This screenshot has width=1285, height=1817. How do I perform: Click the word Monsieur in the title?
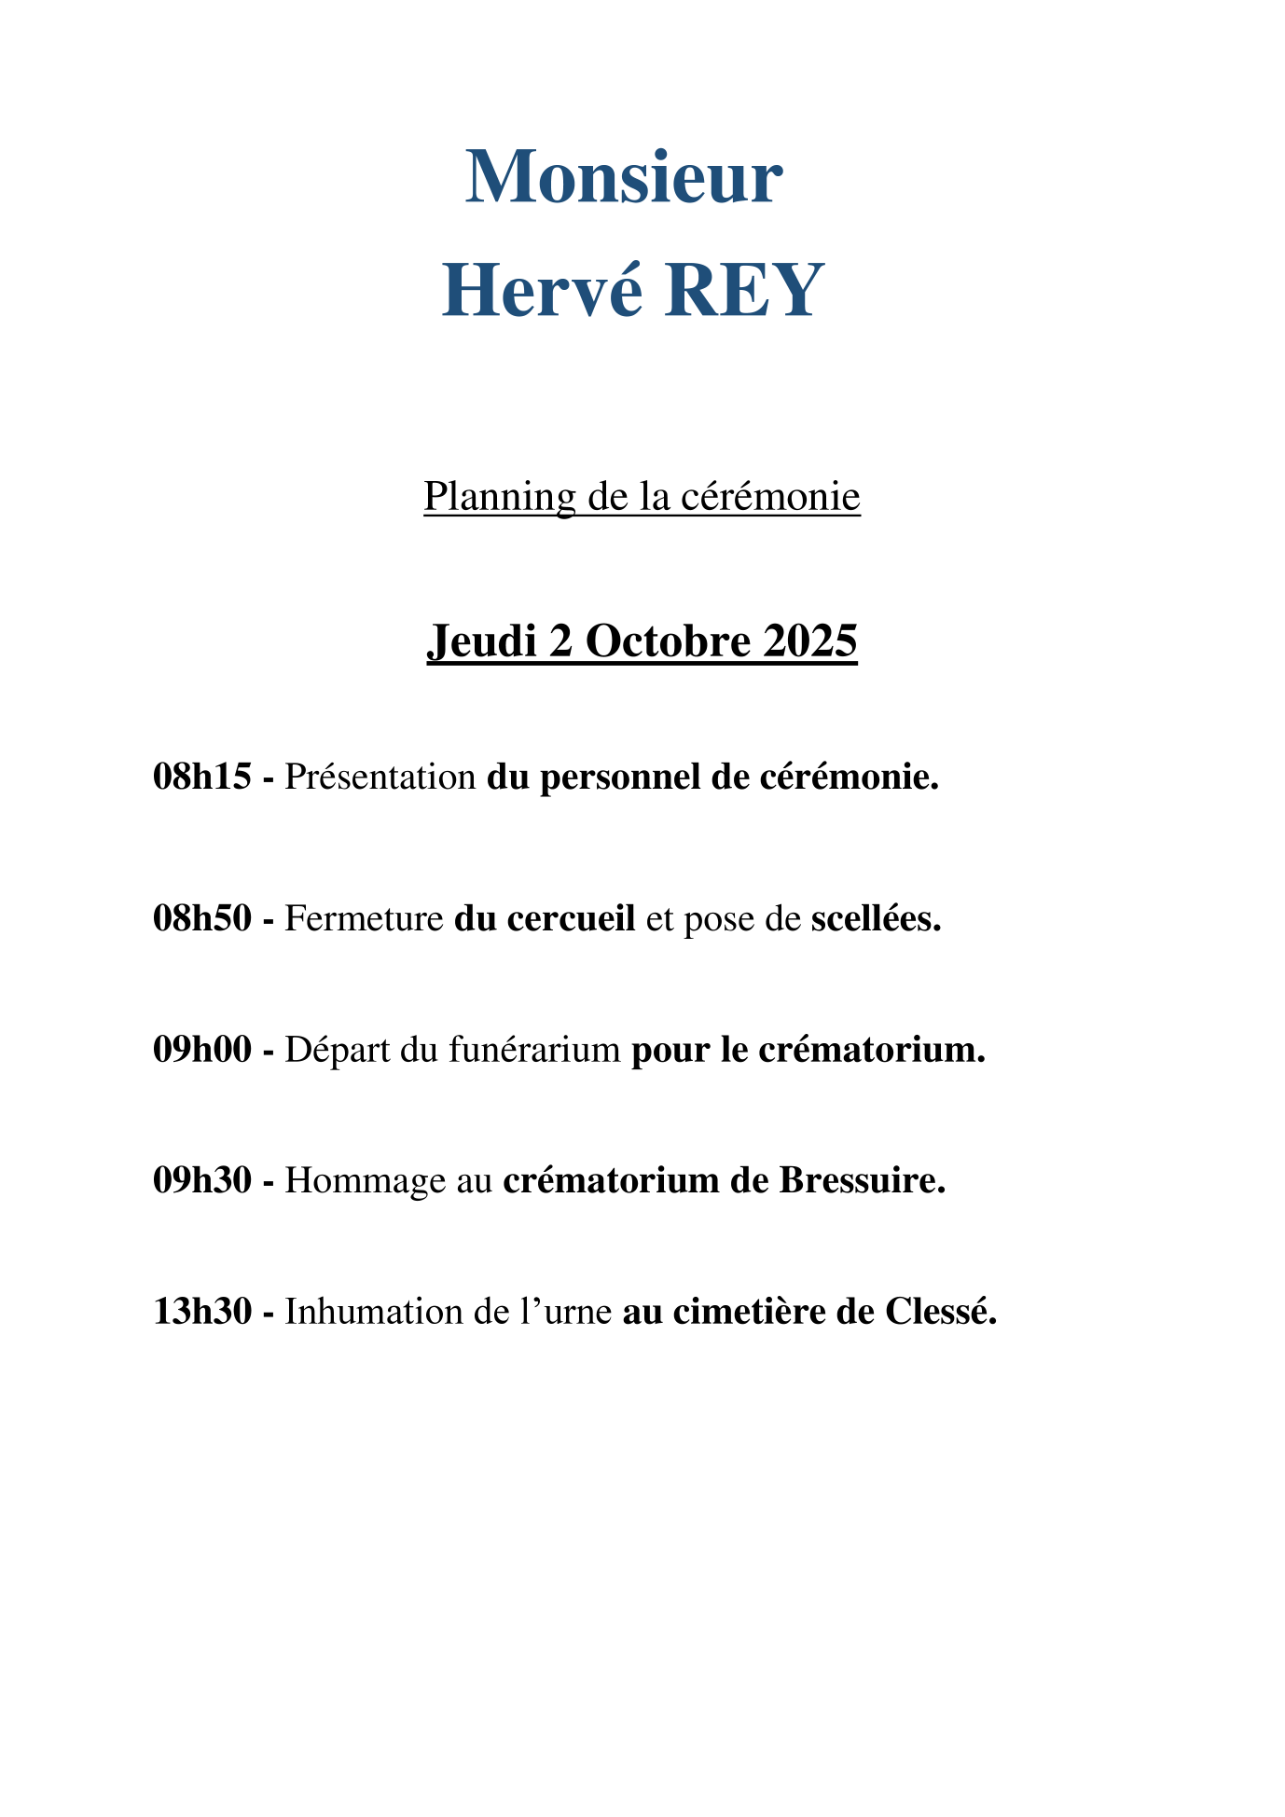click(624, 177)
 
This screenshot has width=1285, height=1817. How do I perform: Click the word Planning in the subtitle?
click(500, 496)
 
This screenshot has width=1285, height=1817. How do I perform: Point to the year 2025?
click(809, 641)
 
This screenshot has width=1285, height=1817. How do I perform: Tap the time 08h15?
click(202, 777)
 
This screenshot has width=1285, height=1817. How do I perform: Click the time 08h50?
click(202, 919)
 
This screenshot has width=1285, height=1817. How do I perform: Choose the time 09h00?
click(202, 1050)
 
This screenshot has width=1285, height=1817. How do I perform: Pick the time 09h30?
click(202, 1180)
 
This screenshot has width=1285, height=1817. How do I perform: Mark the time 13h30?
click(202, 1312)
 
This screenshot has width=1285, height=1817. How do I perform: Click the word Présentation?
click(380, 777)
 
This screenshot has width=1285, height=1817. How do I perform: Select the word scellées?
click(876, 919)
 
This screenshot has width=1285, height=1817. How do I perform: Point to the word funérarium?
click(534, 1050)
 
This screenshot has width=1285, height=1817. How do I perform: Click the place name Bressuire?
click(863, 1180)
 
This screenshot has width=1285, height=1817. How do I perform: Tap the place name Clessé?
click(941, 1312)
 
